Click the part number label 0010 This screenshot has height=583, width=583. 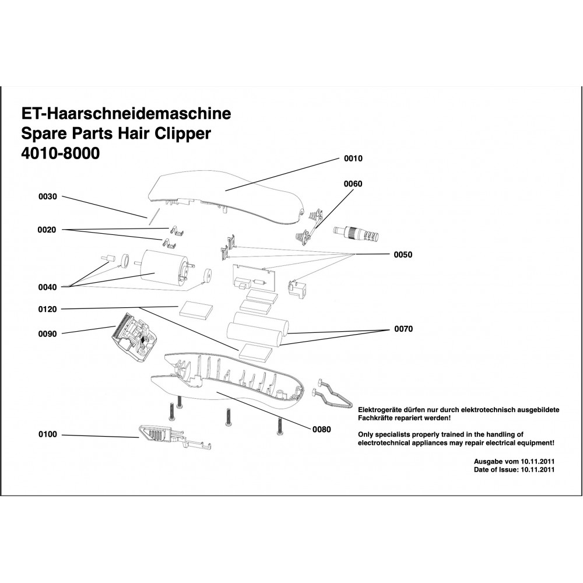pyautogui.click(x=353, y=159)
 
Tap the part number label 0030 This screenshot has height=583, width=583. pyautogui.click(x=48, y=196)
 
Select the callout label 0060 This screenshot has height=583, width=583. pyautogui.click(x=353, y=184)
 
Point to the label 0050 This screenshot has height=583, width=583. pyautogui.click(x=403, y=255)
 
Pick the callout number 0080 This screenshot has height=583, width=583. pyautogui.click(x=321, y=430)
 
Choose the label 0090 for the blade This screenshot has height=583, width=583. pyautogui.click(x=48, y=334)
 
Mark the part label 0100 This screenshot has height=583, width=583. pyautogui.click(x=48, y=434)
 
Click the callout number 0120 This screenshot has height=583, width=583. pyautogui.click(x=48, y=309)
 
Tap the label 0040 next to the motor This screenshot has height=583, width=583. pyautogui.click(x=48, y=286)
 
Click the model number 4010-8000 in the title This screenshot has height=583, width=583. pyautogui.click(x=60, y=154)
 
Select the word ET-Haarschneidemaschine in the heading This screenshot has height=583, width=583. pyautogui.click(x=126, y=113)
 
